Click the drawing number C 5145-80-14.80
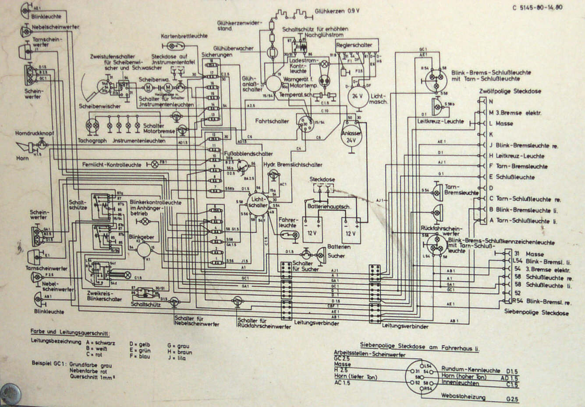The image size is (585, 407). tap(537, 7)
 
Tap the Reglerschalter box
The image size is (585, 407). tap(354, 45)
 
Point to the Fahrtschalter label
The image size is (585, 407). tap(272, 121)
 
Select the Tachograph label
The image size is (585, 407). tap(92, 140)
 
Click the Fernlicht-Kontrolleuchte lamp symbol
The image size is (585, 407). tap(154, 165)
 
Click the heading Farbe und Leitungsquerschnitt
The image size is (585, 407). tap(70, 333)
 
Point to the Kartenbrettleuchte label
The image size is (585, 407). tap(184, 36)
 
